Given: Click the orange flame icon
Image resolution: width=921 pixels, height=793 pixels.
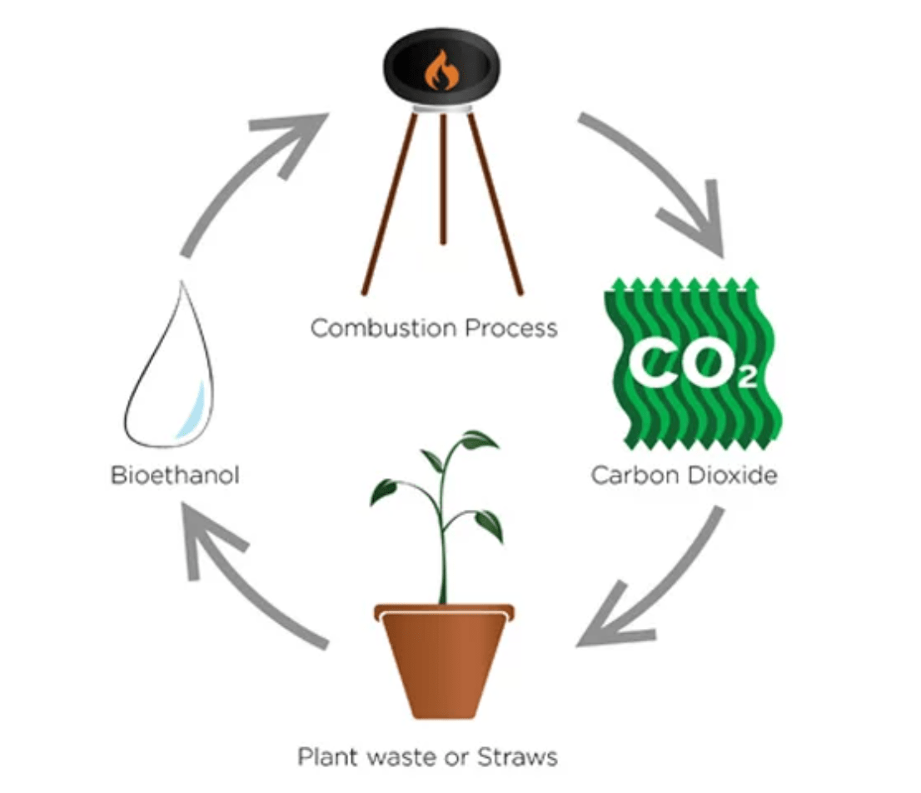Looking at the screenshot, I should (441, 70).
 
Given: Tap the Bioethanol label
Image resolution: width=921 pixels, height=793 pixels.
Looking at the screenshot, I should (175, 476).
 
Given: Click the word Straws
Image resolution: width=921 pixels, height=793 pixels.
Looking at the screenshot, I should (517, 757).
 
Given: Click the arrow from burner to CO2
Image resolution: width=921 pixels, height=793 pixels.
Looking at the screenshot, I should (658, 179).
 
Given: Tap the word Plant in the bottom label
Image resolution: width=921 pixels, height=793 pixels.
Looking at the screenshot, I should (327, 757).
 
